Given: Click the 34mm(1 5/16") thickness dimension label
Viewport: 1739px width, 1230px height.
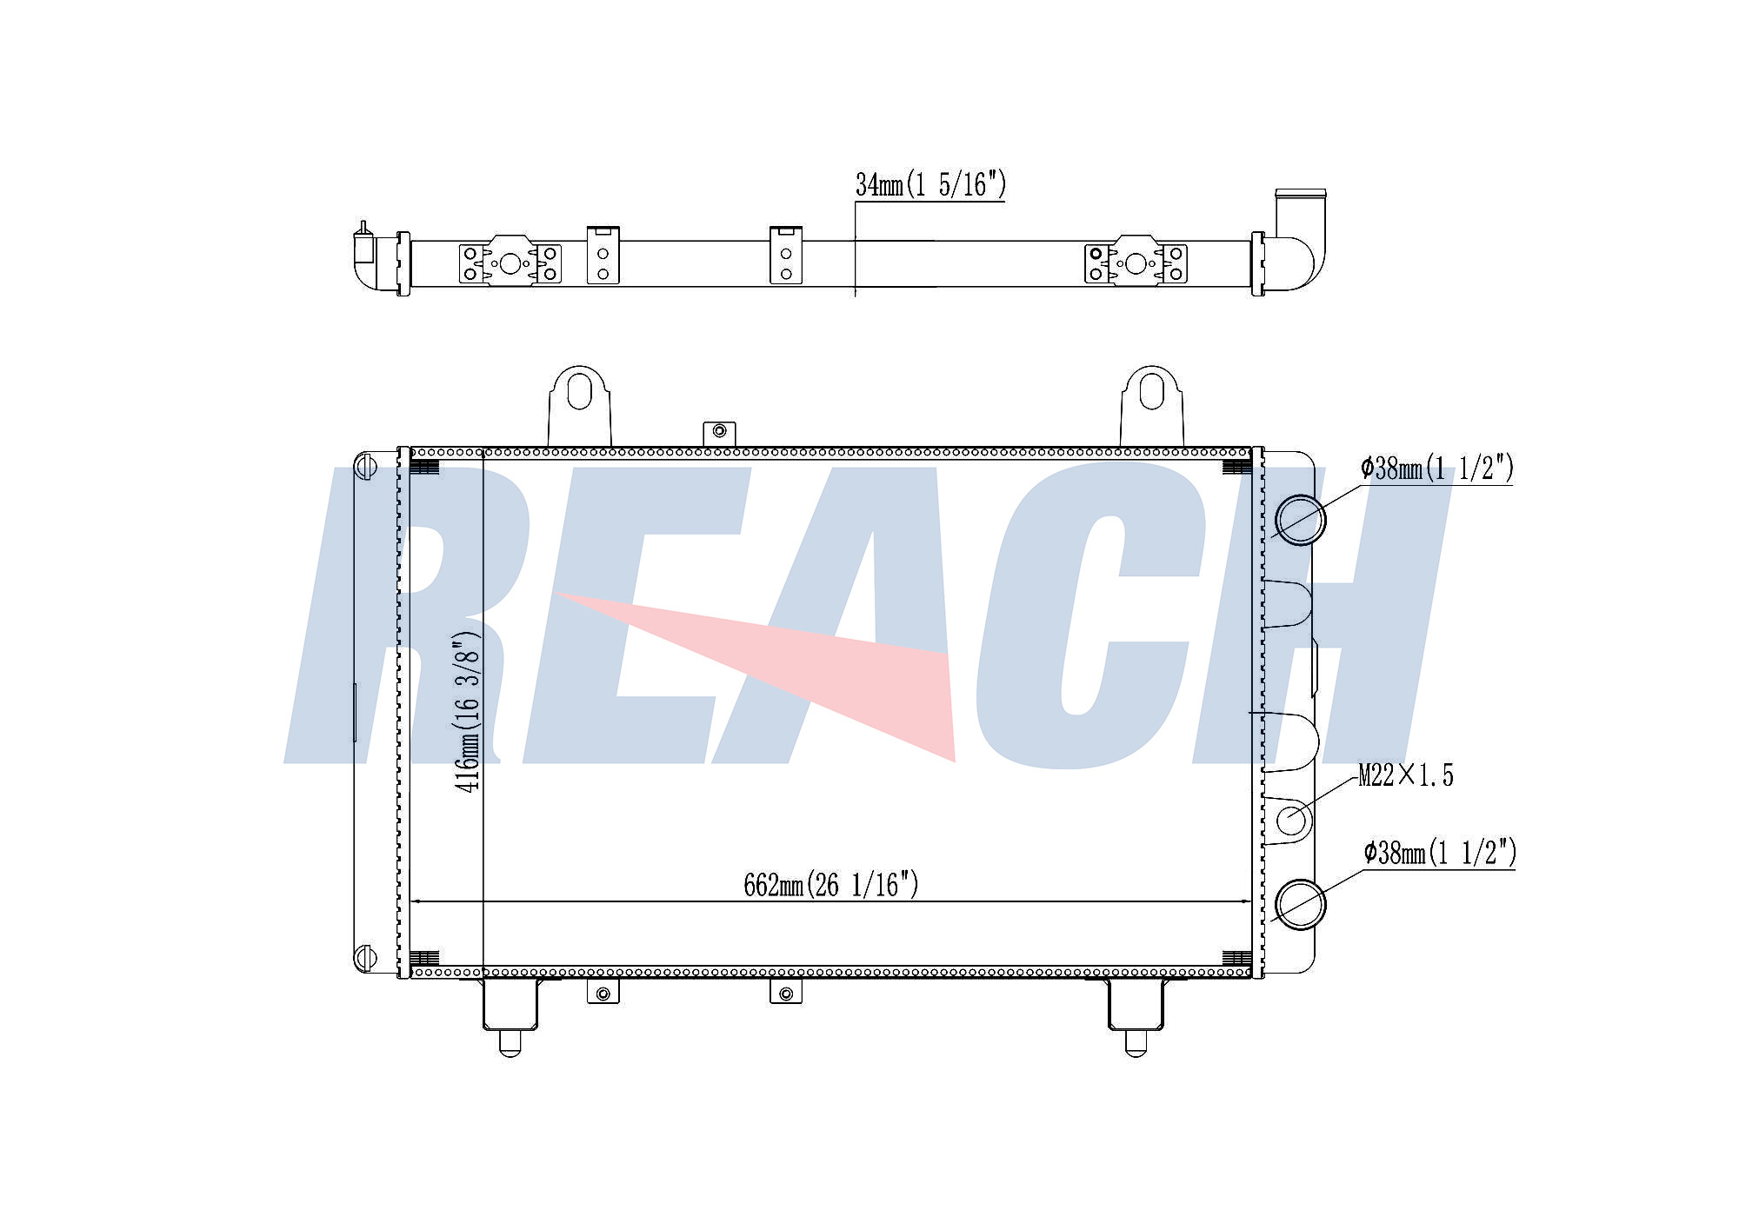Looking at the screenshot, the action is pos(930,185).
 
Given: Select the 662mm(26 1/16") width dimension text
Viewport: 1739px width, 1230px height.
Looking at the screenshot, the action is pos(831,885).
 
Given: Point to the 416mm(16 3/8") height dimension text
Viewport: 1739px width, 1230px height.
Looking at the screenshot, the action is pos(467,712).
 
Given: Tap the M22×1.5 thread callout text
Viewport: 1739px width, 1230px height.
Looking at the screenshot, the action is pos(1406,775).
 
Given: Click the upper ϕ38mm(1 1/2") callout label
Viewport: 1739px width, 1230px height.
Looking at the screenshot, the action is pos(1437,469).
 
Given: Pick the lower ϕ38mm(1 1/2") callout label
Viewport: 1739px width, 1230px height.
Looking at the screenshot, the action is pos(1440,853).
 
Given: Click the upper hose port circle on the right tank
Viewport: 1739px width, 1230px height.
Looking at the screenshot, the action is pos(1300,520).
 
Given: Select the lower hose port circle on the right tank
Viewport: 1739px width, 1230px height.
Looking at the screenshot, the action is pos(1300,903).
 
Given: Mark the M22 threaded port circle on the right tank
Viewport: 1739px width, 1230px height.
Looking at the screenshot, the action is pos(1293,820).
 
